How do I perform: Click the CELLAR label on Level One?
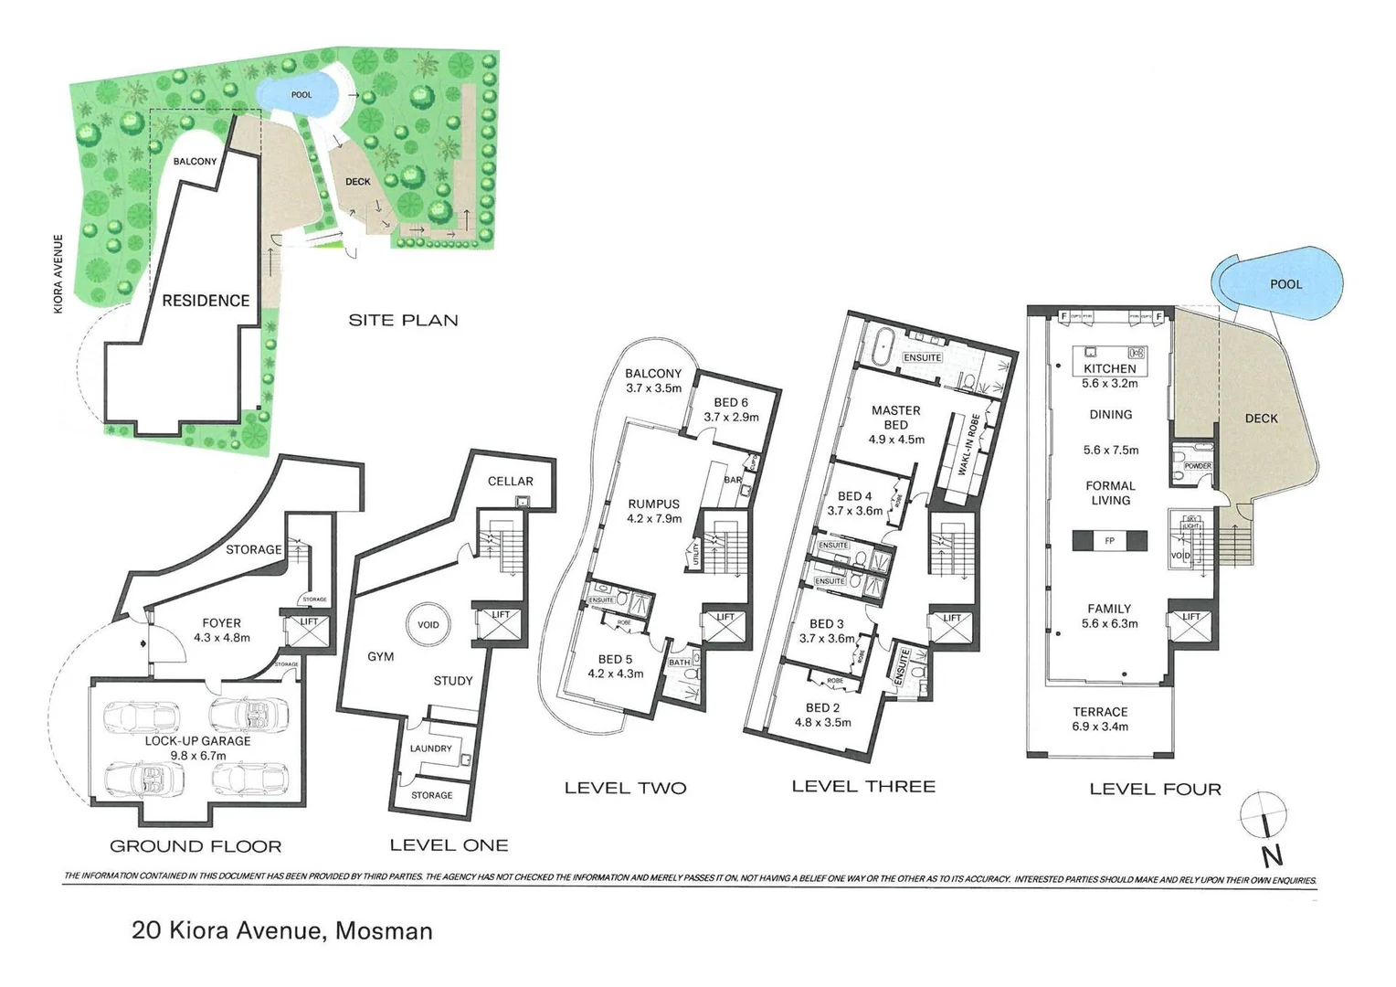510,481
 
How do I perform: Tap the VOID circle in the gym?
428,625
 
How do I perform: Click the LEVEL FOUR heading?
1155,789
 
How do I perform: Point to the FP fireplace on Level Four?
1110,540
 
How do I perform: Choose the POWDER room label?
1197,466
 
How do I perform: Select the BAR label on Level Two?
733,479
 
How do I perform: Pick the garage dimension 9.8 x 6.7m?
197,756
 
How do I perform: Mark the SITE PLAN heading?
403,320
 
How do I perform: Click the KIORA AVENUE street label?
58,274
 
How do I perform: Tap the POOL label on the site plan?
301,95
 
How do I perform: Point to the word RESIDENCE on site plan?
206,300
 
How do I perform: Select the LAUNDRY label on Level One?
430,748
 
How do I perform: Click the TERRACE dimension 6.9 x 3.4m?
1100,727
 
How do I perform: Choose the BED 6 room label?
731,402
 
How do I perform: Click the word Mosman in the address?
384,931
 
